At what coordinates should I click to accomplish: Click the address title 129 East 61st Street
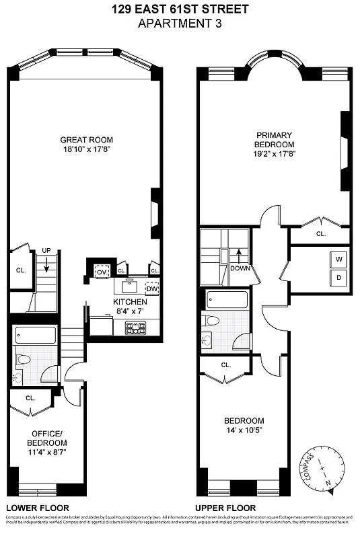(x=180, y=9)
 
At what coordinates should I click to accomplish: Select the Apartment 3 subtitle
(x=180, y=23)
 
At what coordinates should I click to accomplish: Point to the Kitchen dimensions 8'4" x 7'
(x=130, y=311)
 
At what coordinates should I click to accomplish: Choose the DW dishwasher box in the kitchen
(x=152, y=289)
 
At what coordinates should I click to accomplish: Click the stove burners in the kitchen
(x=137, y=328)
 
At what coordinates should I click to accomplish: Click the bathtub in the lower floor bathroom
(x=34, y=335)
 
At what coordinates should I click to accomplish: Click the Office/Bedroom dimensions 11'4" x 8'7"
(x=46, y=453)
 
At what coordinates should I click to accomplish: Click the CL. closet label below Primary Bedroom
(x=320, y=234)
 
